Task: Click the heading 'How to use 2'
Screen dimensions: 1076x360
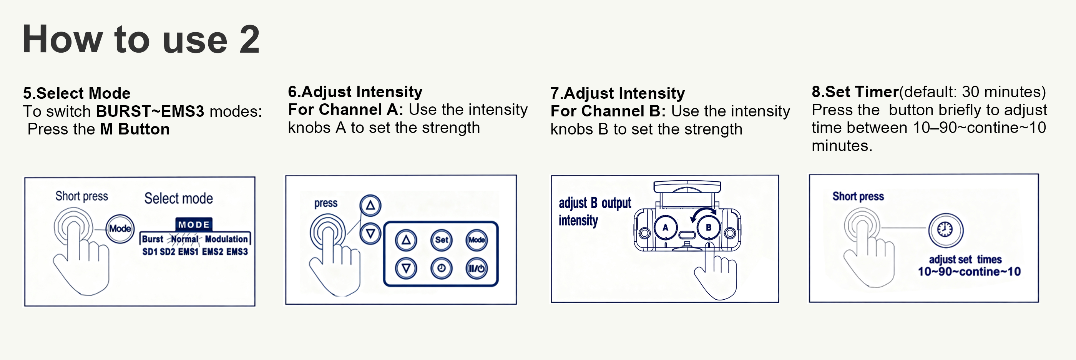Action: (141, 39)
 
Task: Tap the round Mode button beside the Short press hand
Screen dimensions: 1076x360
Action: (120, 229)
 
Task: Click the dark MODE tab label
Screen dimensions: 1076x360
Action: (194, 224)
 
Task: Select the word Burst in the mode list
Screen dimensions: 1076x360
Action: (153, 239)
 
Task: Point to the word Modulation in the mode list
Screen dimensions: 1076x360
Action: (226, 239)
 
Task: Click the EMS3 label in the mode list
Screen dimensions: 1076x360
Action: (237, 251)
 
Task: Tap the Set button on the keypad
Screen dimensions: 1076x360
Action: (442, 240)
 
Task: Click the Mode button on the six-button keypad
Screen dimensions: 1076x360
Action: (477, 240)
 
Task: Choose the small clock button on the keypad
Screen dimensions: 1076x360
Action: (442, 268)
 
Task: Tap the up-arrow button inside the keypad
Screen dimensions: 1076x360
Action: (406, 240)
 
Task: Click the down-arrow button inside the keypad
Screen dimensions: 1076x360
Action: (406, 268)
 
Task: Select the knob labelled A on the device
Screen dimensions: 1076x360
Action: (666, 227)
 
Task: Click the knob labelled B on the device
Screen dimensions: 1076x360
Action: (708, 227)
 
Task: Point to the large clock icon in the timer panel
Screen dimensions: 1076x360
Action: (946, 230)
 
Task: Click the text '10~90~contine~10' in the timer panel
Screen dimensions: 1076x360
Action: (969, 272)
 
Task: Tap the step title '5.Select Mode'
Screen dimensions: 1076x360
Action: (77, 93)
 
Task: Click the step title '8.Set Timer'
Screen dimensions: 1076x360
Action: (855, 91)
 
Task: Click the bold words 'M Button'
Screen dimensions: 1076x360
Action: (135, 129)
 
